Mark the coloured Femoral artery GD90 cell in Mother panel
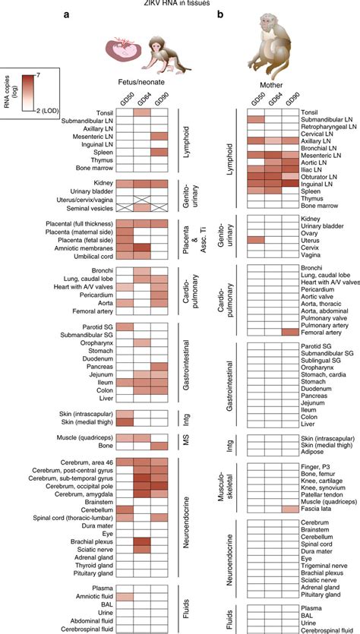pos(291,331)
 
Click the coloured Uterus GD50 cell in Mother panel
pos(256,239)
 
